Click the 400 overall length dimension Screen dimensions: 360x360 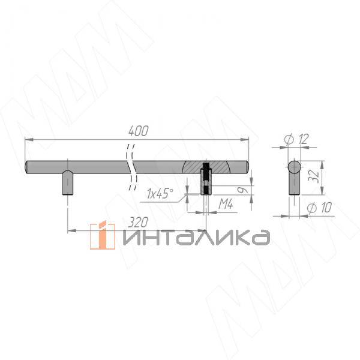pyautogui.click(x=138, y=130)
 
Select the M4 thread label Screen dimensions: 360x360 pyautogui.click(x=225, y=205)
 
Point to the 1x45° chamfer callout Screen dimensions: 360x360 pyautogui.click(x=160, y=193)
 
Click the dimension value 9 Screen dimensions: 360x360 pyautogui.click(x=241, y=190)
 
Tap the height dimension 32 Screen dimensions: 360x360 pyautogui.click(x=329, y=176)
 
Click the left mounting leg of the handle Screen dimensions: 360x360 pyautogui.click(x=67, y=184)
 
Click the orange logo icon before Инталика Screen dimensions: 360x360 pyautogui.click(x=103, y=235)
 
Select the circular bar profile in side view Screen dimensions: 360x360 pyautogui.click(x=294, y=166)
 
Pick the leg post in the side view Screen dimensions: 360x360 pyautogui.click(x=294, y=185)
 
